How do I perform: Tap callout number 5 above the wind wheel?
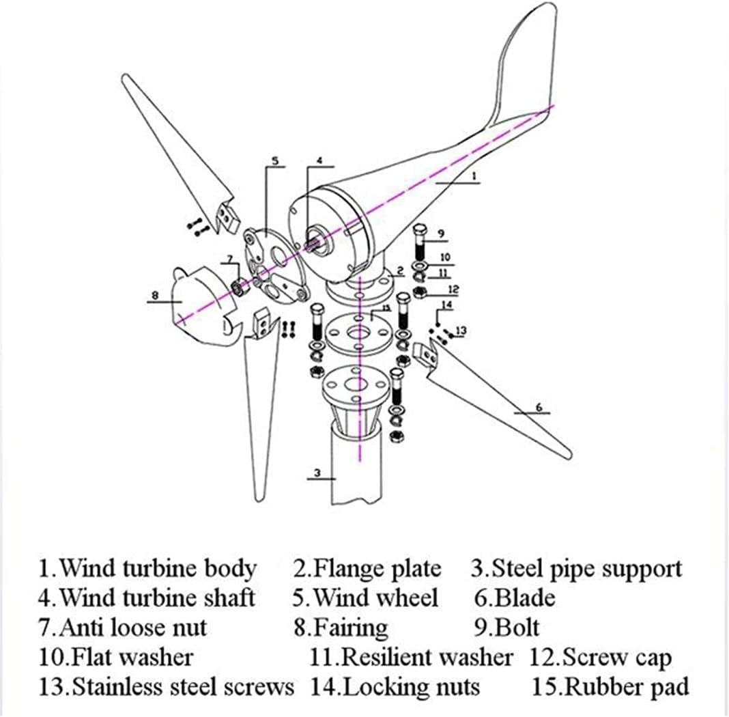tap(274, 161)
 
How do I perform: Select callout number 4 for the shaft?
tap(318, 161)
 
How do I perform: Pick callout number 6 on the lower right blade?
tap(539, 408)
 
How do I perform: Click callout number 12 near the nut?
tap(453, 290)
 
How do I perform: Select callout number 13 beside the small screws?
tap(461, 331)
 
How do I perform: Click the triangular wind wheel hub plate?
tap(273, 263)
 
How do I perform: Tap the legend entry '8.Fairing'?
tap(341, 627)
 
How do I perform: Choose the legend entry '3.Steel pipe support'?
tap(576, 568)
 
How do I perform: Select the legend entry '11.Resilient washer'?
tap(411, 657)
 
